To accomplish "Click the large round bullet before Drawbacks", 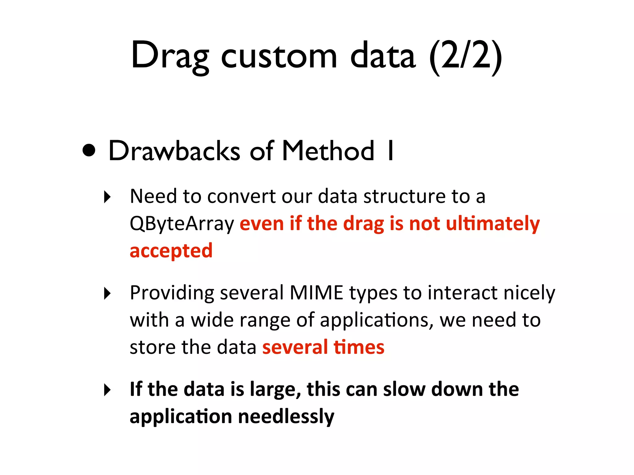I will click(x=89, y=150).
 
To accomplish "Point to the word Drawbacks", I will click(x=174, y=151).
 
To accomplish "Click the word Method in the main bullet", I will click(x=328, y=151).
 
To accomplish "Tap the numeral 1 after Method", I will click(x=391, y=151).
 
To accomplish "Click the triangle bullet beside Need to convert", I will click(x=107, y=197).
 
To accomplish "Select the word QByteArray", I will click(x=182, y=224).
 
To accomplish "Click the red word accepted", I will click(x=171, y=251).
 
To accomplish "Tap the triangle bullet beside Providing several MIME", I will click(x=107, y=293).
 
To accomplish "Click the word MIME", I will click(x=316, y=293).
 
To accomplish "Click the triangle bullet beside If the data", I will click(x=107, y=390).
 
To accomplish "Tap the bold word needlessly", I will click(x=286, y=417).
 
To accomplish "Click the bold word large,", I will click(x=275, y=390).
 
